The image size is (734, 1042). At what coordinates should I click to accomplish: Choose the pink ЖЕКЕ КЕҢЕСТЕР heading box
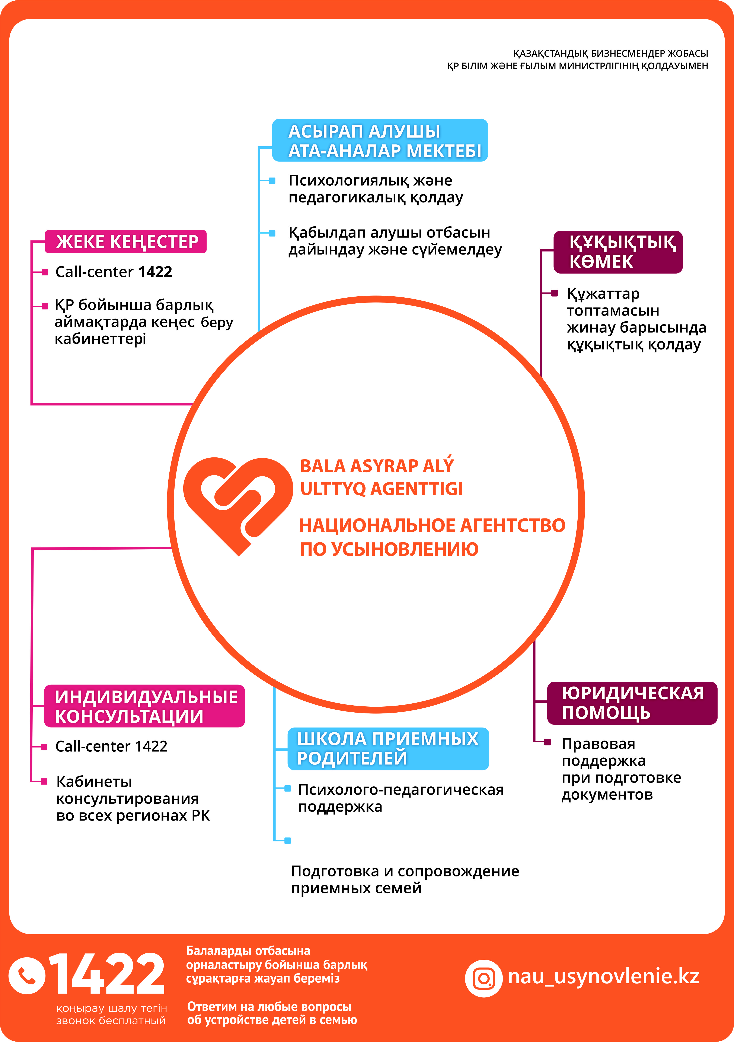126,242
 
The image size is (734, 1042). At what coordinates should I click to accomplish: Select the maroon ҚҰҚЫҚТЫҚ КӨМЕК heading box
618,252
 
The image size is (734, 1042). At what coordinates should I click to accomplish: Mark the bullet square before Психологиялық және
272,181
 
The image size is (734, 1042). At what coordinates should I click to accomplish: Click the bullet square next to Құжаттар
554,293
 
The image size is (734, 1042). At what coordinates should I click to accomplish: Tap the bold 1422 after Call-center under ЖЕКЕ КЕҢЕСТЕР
155,272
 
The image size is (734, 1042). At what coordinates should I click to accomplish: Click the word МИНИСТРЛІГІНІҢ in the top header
599,66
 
